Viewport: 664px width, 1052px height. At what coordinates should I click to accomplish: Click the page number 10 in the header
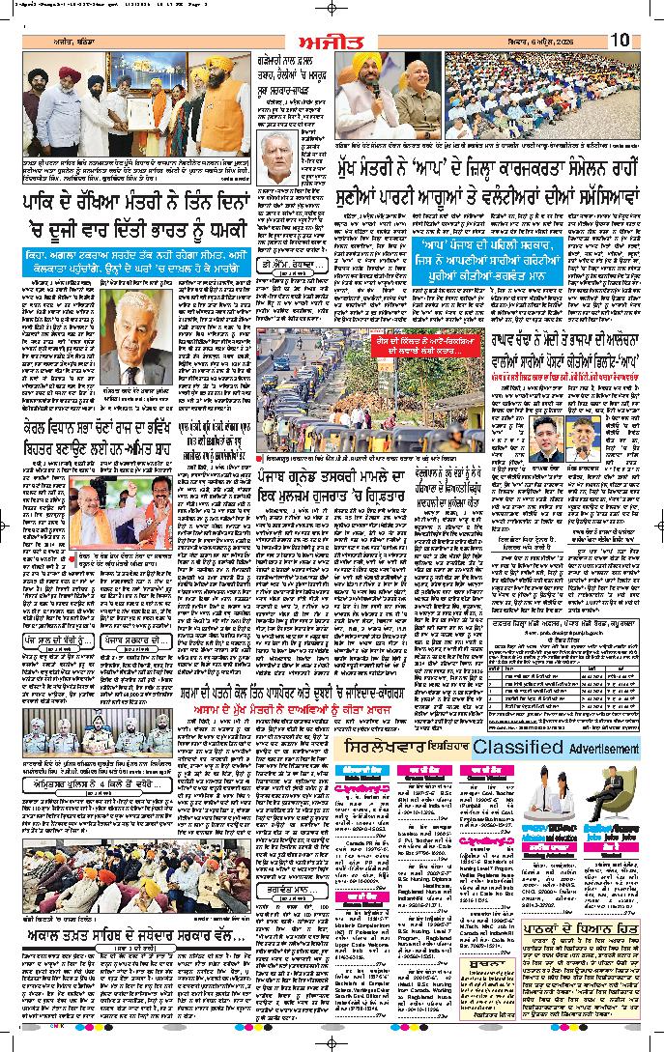click(619, 40)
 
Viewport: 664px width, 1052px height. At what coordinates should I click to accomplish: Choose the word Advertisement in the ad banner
click(604, 750)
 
